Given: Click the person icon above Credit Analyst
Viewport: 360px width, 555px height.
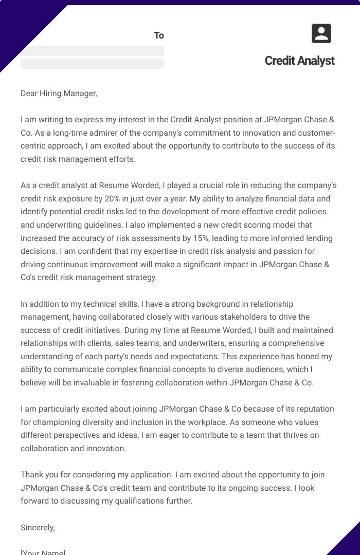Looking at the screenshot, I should (321, 34).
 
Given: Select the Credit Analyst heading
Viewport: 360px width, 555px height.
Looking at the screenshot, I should (299, 61).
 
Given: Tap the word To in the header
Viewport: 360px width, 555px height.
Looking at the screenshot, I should (159, 35).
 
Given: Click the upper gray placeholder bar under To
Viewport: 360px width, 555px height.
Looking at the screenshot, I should (92, 51).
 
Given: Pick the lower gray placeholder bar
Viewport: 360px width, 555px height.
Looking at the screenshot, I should (92, 64).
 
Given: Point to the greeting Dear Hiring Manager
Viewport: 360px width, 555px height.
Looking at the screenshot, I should (59, 94).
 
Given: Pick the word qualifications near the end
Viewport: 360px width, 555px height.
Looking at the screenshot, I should (132, 501).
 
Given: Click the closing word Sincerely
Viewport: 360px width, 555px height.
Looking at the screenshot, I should (38, 527).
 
